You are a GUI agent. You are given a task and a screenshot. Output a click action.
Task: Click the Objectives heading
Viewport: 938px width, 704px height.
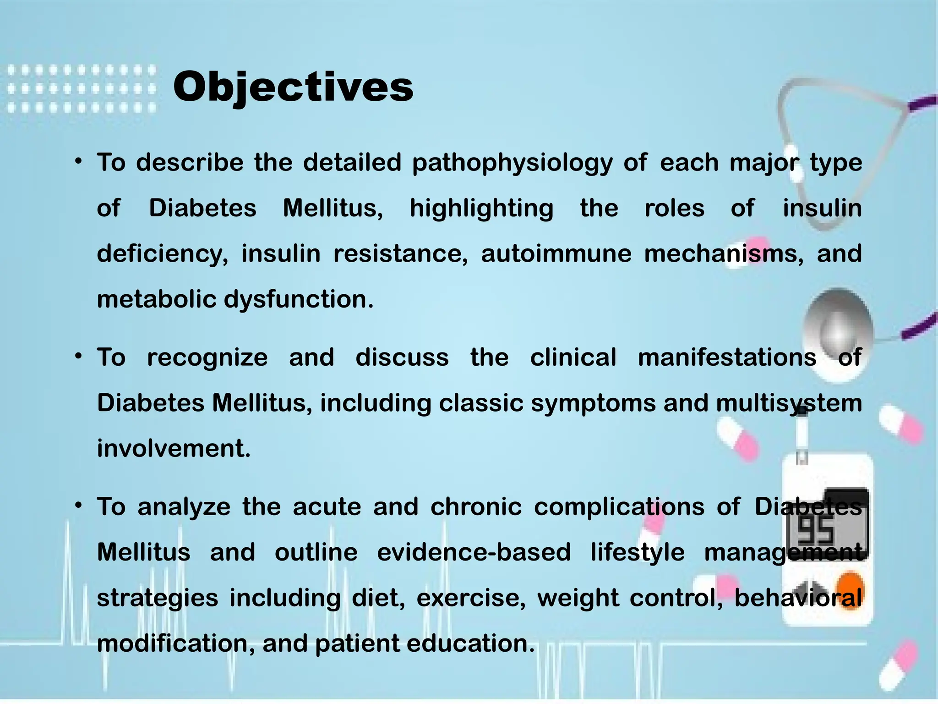click(x=293, y=87)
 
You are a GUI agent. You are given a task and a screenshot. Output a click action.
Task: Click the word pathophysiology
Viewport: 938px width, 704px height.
click(x=512, y=163)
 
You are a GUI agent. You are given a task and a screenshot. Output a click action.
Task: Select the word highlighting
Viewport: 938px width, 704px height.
click(x=481, y=209)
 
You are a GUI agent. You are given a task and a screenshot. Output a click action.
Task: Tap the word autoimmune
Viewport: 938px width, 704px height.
click(x=556, y=254)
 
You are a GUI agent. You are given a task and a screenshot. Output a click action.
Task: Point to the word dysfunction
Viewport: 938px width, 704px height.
click(x=299, y=300)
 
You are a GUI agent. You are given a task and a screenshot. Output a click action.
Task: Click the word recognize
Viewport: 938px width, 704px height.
click(x=207, y=357)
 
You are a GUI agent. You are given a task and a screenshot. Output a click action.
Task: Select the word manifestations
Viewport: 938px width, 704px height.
click(x=727, y=357)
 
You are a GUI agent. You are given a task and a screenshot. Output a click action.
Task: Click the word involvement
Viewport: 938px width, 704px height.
click(x=174, y=448)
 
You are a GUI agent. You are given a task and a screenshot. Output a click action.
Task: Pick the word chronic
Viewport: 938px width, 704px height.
click(x=476, y=507)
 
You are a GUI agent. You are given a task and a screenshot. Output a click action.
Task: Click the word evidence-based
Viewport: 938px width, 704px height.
click(x=474, y=552)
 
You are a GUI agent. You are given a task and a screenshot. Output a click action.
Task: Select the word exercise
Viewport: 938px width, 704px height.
click(x=471, y=599)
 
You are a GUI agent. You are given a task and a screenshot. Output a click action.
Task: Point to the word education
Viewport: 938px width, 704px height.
click(x=470, y=643)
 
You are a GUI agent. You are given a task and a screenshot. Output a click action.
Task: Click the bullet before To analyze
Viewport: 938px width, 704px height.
click(x=79, y=506)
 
